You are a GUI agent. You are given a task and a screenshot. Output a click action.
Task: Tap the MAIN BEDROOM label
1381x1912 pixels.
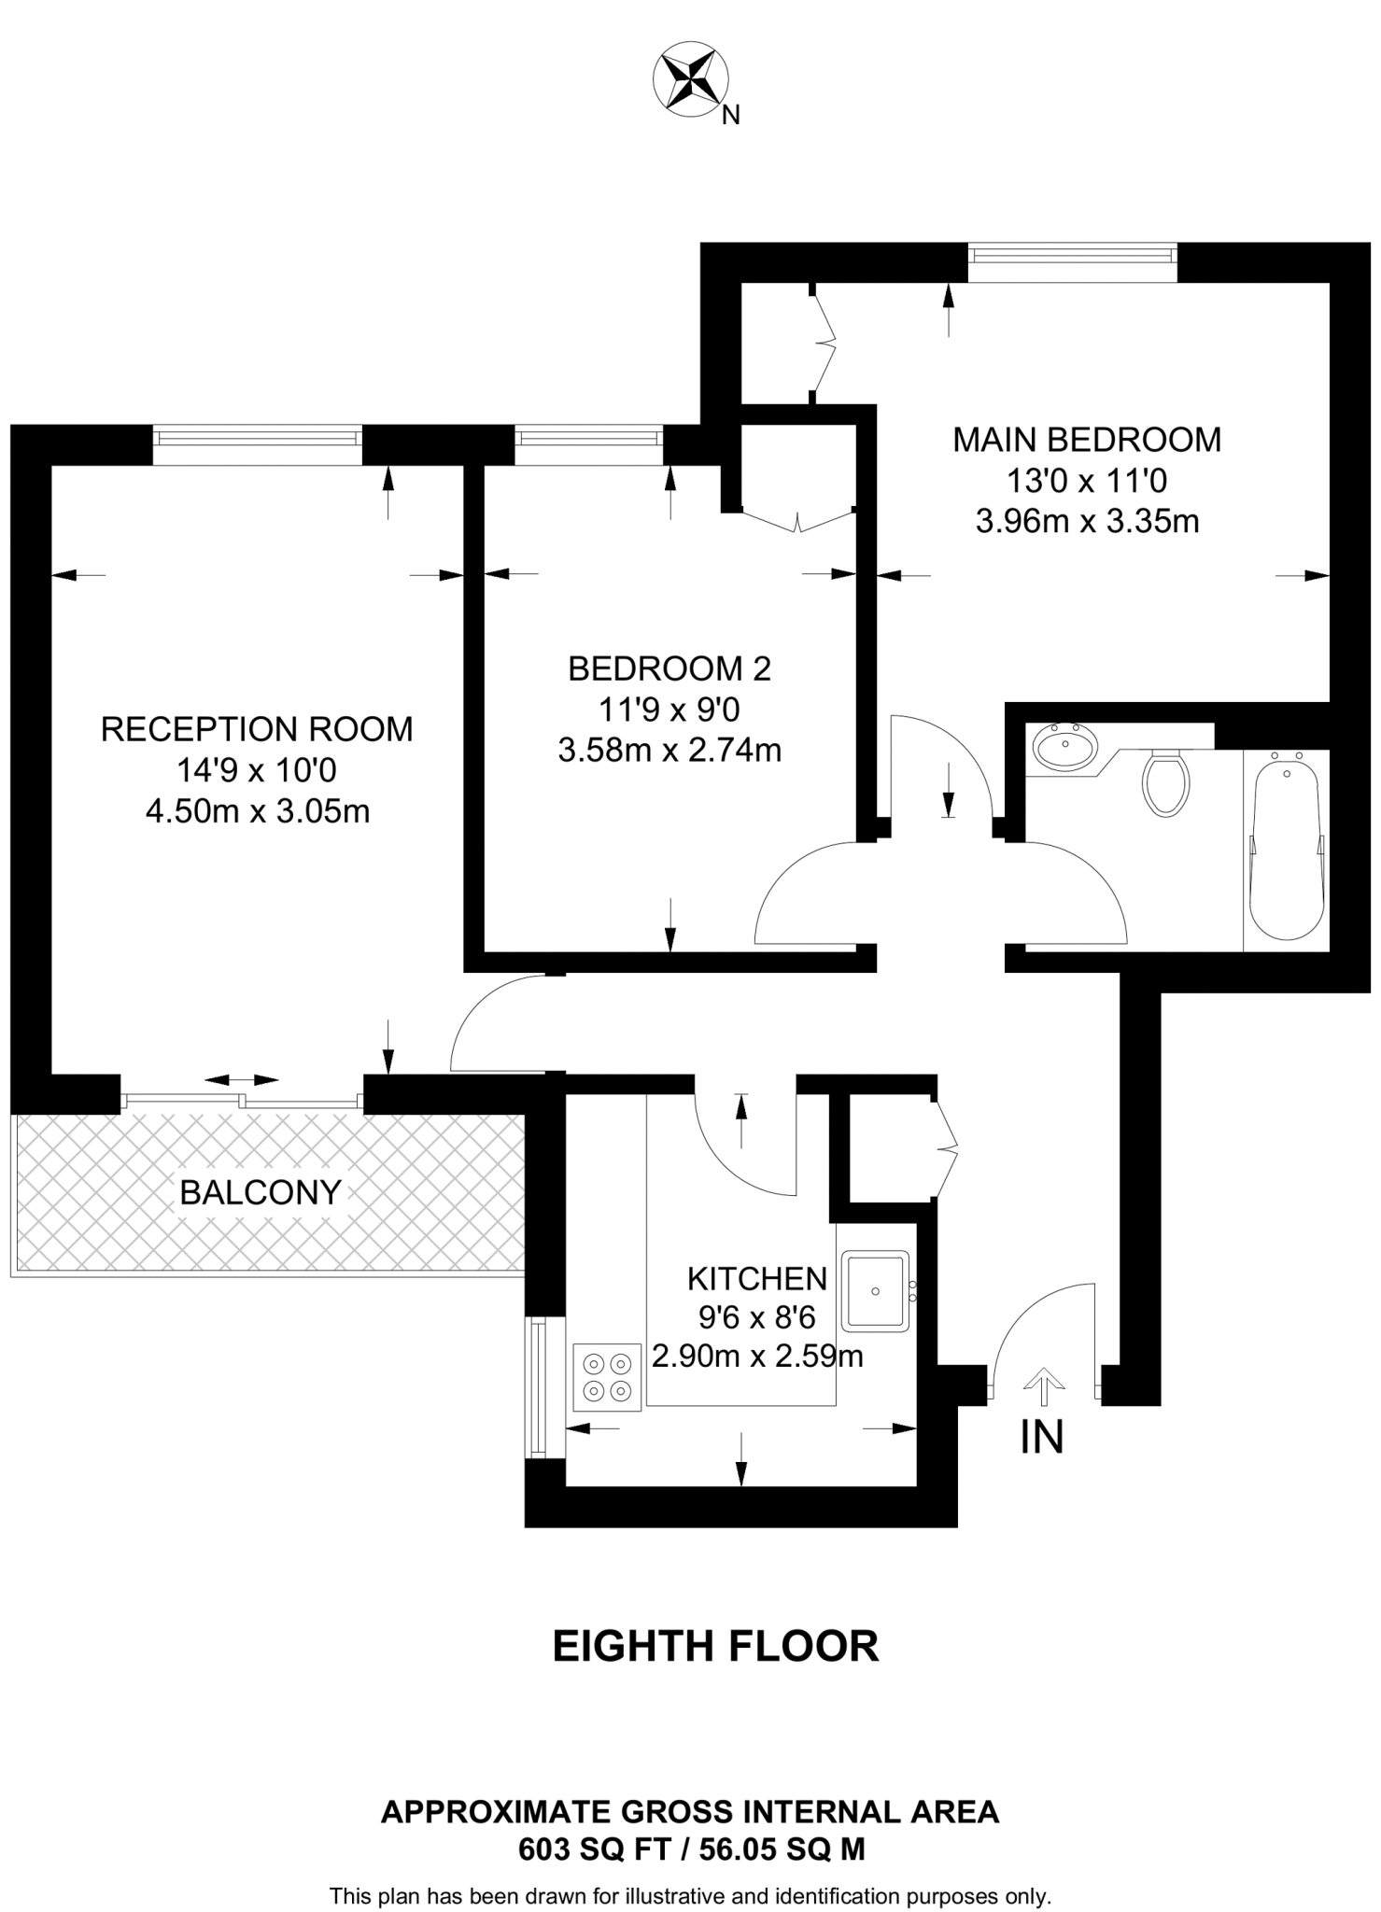[x=1087, y=440]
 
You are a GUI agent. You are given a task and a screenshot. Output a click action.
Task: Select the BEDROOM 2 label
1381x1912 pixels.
[x=669, y=668]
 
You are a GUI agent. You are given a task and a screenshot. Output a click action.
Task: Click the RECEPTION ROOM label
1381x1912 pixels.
[x=257, y=729]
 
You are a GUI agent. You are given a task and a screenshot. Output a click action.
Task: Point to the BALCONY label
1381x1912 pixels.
[x=261, y=1192]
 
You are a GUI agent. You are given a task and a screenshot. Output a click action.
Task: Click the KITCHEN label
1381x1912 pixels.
[x=757, y=1278]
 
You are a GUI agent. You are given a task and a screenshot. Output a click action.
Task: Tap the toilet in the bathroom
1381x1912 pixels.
[x=1166, y=782]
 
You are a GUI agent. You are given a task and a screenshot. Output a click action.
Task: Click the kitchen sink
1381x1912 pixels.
[x=875, y=1291]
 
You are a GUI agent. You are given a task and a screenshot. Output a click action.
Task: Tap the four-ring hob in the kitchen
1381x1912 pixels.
[x=607, y=1377]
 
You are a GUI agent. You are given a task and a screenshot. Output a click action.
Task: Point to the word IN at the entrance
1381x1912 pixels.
[x=1042, y=1438]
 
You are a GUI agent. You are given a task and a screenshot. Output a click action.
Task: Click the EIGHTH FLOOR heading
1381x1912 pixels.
[x=715, y=1646]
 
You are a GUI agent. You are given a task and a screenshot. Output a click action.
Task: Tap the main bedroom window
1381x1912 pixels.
[x=1072, y=253]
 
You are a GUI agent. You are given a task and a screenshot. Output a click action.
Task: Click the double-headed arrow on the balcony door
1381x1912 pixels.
[x=241, y=1080]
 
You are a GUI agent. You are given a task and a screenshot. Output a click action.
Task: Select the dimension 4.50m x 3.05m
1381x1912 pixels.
[x=257, y=812]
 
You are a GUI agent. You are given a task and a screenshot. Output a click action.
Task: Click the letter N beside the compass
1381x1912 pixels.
[x=731, y=116]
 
